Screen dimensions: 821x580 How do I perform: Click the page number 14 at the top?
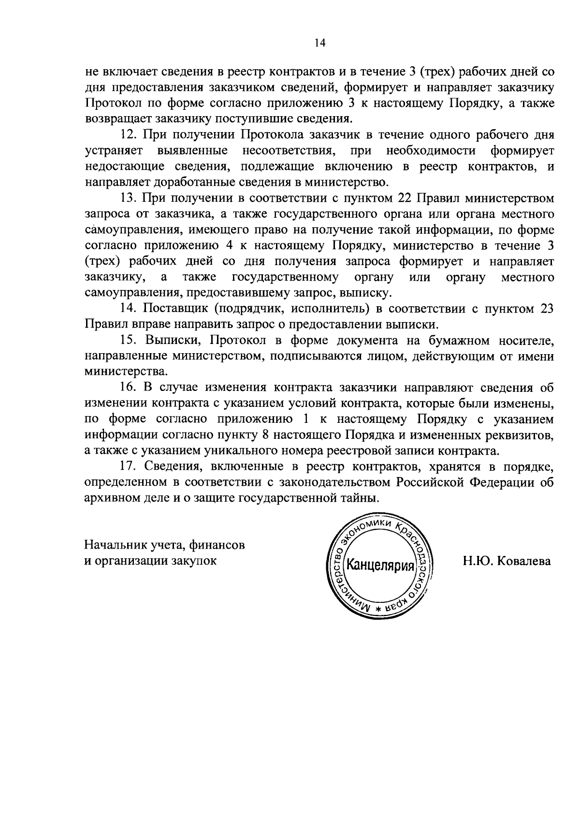tap(320, 43)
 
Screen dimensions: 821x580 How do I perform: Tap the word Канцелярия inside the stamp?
tap(382, 566)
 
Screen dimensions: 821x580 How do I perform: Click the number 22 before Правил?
tap(404, 198)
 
